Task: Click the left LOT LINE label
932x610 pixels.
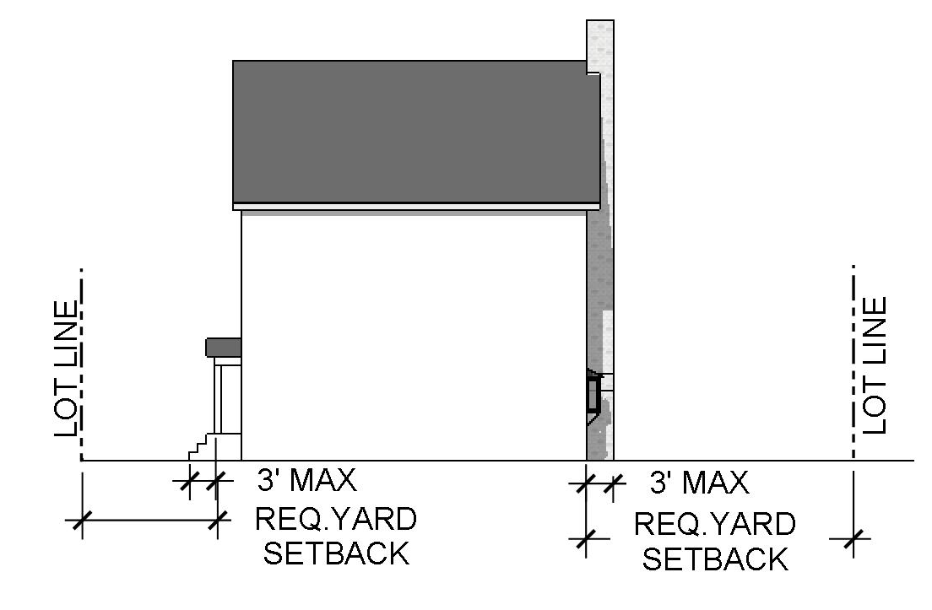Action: [x=68, y=368]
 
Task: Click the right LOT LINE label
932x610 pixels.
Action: [x=875, y=364]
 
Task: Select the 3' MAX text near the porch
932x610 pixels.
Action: [x=306, y=480]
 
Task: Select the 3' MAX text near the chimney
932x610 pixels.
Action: [x=699, y=483]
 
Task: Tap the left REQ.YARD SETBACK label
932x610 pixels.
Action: [x=336, y=537]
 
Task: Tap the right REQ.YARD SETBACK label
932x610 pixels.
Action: [x=714, y=541]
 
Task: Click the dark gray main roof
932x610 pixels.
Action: [x=414, y=131]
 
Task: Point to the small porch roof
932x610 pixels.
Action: [x=224, y=347]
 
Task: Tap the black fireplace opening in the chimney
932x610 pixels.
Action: [x=593, y=394]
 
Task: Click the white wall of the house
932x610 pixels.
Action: [x=414, y=337]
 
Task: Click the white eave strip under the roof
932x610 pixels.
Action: [x=414, y=206]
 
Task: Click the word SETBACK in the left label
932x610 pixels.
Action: [x=336, y=554]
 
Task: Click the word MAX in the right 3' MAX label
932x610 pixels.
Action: [x=716, y=483]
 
